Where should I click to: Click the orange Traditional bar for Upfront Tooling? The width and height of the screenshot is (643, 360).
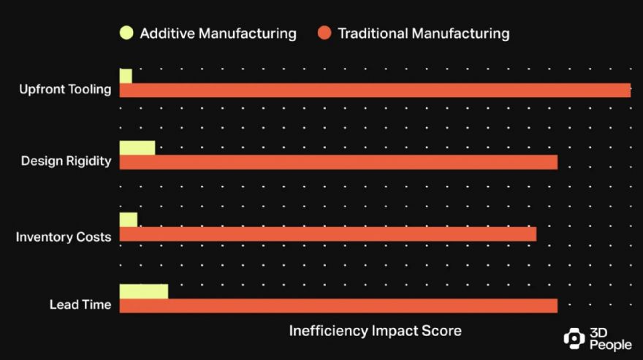tap(375, 91)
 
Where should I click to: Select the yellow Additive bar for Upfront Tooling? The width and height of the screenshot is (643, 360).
tap(126, 76)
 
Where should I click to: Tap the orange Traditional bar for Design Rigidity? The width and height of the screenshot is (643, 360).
tap(338, 162)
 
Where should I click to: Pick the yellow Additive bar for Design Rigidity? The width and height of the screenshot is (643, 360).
tap(137, 148)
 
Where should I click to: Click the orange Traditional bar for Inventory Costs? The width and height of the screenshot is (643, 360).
tap(328, 234)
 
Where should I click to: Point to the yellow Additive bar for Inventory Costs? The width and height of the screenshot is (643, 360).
tap(129, 220)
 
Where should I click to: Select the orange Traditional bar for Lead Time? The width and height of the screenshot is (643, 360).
tap(338, 306)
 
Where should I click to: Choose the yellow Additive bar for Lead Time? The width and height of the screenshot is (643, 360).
tap(144, 291)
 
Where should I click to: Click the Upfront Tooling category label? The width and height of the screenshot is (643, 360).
tap(65, 90)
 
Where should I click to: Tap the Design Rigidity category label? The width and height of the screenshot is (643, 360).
tap(66, 161)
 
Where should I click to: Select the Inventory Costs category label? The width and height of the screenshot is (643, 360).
tap(64, 237)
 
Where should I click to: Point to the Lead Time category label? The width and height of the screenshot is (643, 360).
tap(80, 305)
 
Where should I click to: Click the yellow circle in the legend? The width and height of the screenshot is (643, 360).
tap(126, 33)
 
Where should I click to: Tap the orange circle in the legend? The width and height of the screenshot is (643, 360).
tap(324, 33)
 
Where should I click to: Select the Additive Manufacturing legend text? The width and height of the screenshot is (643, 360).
tap(218, 34)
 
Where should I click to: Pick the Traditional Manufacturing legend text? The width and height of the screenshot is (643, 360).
tap(423, 34)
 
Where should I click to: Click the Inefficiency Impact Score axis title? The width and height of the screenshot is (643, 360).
tap(375, 331)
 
